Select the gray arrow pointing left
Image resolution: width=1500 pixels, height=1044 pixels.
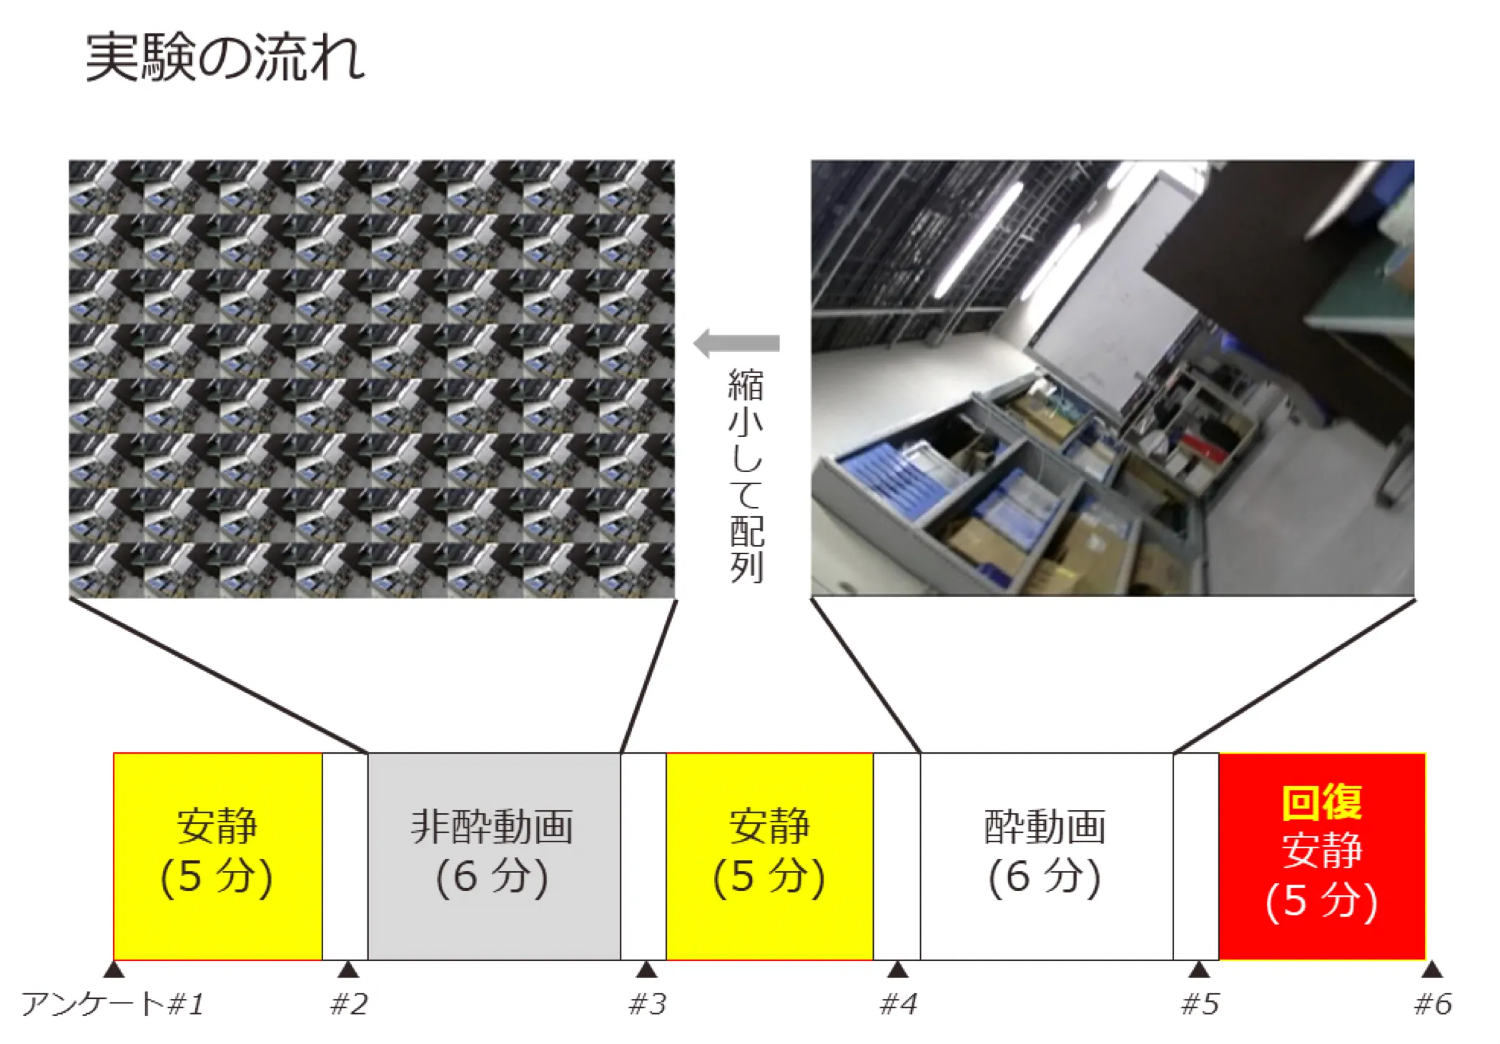pyautogui.click(x=737, y=344)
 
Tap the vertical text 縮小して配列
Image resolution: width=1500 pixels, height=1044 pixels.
pyautogui.click(x=746, y=476)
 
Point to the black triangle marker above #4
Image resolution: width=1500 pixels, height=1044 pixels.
pyautogui.click(x=897, y=970)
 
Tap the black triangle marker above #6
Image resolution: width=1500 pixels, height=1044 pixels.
pyautogui.click(x=1431, y=970)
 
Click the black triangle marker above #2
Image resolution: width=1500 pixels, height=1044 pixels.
pyautogui.click(x=348, y=970)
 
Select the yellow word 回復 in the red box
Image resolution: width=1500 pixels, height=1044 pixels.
pyautogui.click(x=1322, y=802)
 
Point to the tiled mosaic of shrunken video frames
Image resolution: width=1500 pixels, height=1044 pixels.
pyautogui.click(x=372, y=379)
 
